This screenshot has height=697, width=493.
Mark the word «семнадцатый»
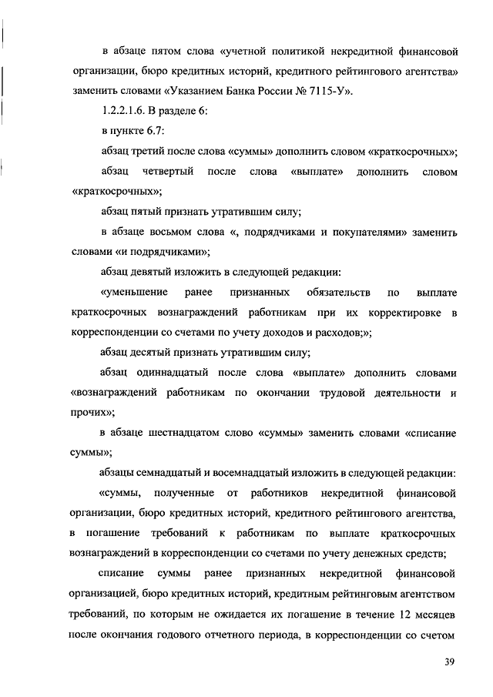pos(184,473)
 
